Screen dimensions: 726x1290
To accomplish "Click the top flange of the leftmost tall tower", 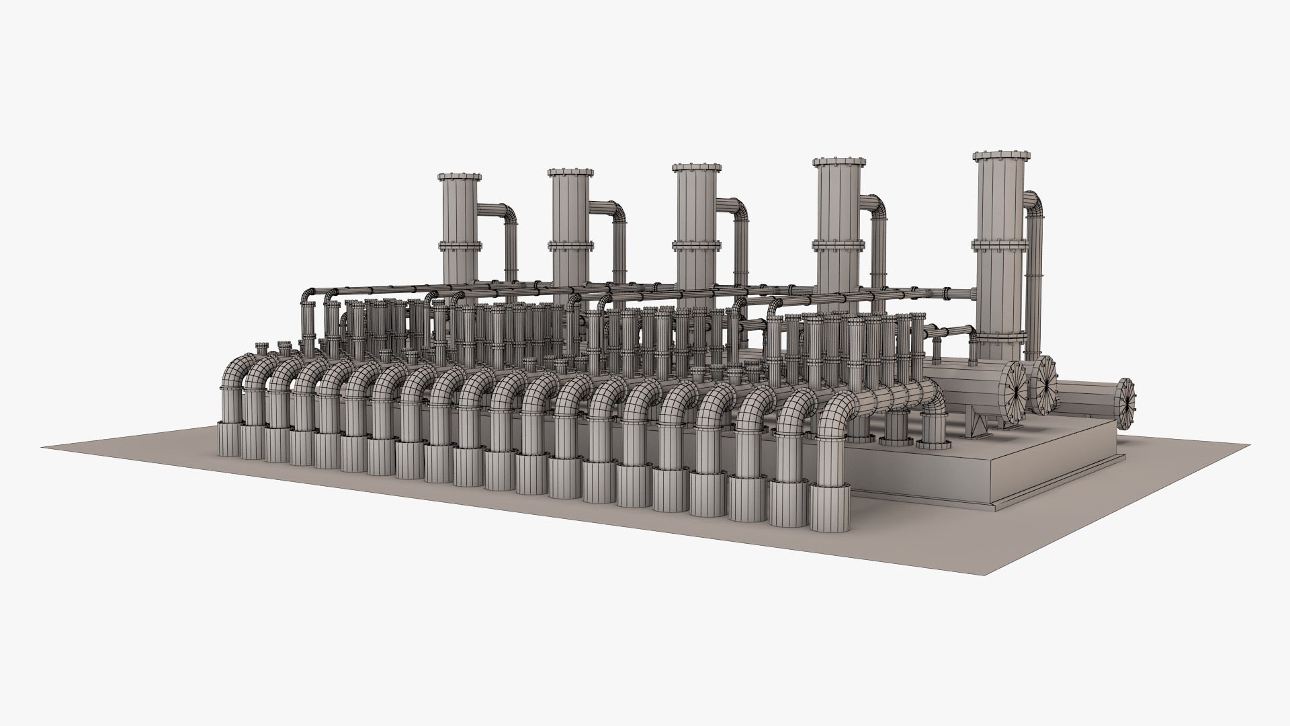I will pos(460,177).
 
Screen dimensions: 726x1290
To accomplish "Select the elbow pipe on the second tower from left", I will pos(612,214).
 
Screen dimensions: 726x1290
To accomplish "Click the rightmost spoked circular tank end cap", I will pos(1125,402).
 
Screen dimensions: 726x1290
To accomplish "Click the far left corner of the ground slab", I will pos(44,446).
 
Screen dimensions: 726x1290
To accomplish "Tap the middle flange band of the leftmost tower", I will pos(460,246).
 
